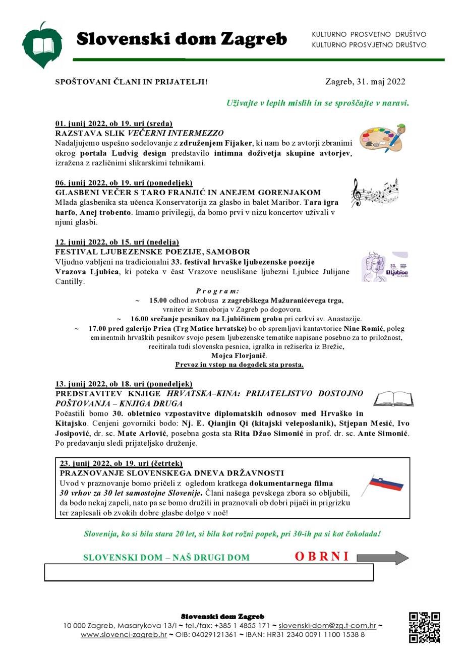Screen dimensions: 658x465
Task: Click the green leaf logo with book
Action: pyautogui.click(x=42, y=45)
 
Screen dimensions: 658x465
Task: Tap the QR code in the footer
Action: pyautogui.click(x=424, y=627)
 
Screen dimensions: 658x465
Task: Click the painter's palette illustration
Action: pyautogui.click(x=382, y=138)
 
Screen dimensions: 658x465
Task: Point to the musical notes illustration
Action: pyautogui.click(x=374, y=192)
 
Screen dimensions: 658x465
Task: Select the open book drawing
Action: pyautogui.click(x=393, y=398)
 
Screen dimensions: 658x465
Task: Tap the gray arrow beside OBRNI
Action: pyautogui.click(x=383, y=558)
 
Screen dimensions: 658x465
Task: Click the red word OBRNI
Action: pyautogui.click(x=322, y=557)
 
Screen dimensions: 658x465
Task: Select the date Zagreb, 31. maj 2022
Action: pyautogui.click(x=366, y=82)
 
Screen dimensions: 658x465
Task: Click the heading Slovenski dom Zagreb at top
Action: pyautogui.click(x=182, y=39)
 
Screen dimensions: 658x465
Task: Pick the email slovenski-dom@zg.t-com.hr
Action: pyautogui.click(x=327, y=626)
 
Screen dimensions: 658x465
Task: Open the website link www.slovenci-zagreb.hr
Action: pyautogui.click(x=124, y=634)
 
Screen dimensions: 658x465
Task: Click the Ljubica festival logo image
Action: pyautogui.click(x=385, y=266)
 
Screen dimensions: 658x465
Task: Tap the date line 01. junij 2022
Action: pyautogui.click(x=114, y=124)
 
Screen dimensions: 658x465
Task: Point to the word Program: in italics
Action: pyautogui.click(x=217, y=291)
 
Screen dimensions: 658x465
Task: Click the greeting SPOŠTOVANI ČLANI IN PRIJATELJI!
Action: pyautogui.click(x=131, y=82)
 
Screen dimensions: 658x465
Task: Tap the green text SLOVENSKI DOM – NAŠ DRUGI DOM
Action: pyautogui.click(x=166, y=558)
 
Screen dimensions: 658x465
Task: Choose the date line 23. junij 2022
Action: pyautogui.click(x=121, y=463)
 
